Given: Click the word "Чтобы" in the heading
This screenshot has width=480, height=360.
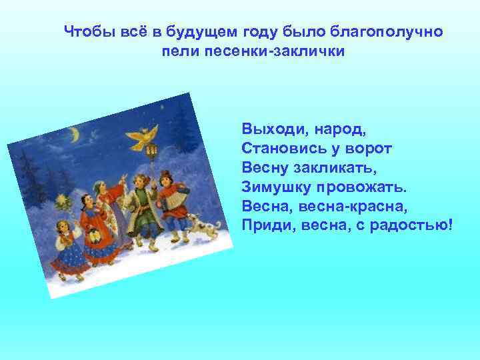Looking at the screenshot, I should tap(84, 31).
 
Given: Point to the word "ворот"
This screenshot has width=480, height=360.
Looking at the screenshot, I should tap(367, 146).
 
